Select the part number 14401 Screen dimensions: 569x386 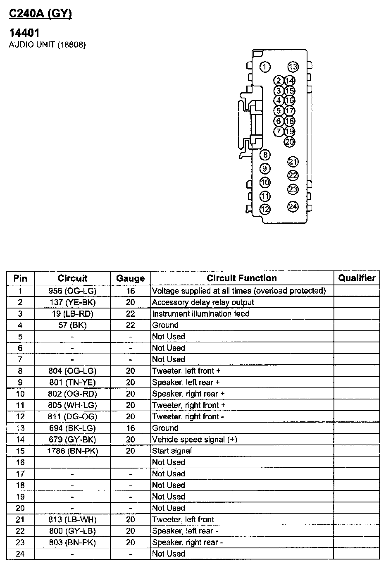(24, 33)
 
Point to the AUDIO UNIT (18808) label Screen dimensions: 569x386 (47, 45)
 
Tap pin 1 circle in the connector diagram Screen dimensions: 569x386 (265, 67)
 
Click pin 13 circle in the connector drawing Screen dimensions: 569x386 (293, 67)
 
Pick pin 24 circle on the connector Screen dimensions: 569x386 (293, 207)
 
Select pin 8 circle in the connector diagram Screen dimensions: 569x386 (265, 155)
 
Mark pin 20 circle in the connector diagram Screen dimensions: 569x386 (290, 142)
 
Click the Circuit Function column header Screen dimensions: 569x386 (242, 278)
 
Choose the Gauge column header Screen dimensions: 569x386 (130, 278)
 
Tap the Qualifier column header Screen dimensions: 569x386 (356, 278)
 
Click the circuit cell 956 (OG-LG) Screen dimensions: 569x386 (72, 291)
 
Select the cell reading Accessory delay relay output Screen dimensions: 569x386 (203, 302)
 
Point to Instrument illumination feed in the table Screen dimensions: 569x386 (201, 313)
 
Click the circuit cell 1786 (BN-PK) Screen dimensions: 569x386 (72, 451)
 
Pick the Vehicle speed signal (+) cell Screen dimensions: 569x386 (195, 439)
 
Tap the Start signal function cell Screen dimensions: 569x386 (172, 451)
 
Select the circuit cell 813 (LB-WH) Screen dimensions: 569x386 (72, 519)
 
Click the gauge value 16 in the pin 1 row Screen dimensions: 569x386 (130, 291)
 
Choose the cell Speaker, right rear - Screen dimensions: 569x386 (187, 542)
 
